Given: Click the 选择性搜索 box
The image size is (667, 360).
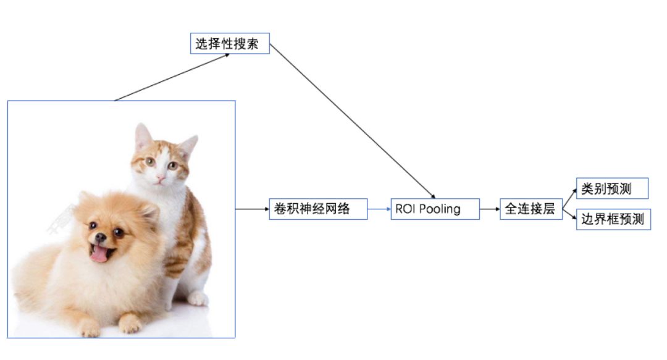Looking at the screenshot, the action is [230, 44].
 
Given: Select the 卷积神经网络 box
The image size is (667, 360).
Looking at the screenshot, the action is [318, 209].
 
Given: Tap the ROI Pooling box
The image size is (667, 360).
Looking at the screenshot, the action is [435, 209].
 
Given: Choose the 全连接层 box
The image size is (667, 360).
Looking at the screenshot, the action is [531, 209].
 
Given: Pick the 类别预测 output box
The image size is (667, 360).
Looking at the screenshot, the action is [612, 188].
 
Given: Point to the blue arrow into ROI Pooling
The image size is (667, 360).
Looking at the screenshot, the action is [379, 209].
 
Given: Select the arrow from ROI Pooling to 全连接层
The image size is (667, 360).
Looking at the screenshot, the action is [490, 209].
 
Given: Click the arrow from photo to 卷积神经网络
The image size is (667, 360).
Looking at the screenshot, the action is [252, 209].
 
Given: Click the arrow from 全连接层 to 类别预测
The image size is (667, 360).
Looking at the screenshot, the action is [569, 195].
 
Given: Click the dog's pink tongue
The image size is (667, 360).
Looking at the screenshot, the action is [99, 253].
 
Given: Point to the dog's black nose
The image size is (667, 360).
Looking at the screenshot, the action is [100, 237].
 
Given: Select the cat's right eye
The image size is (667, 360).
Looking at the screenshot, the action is [173, 165].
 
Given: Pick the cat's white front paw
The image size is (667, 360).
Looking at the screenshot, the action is [197, 299].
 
